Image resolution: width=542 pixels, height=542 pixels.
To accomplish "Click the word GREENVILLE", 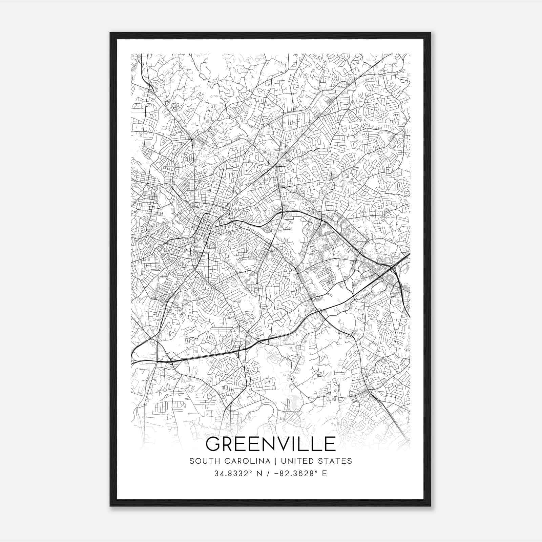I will (270, 444).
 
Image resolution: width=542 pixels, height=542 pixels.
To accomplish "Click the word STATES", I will (336, 461).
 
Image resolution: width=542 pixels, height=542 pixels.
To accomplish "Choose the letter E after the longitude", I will (325, 474).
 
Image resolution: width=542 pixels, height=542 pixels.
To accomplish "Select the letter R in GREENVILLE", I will (230, 444).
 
